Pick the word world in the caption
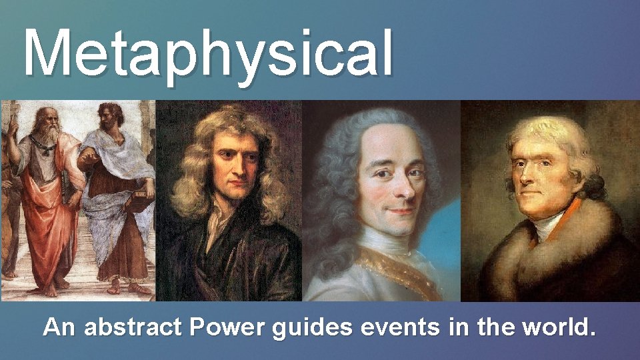pyautogui.click(x=554, y=327)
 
